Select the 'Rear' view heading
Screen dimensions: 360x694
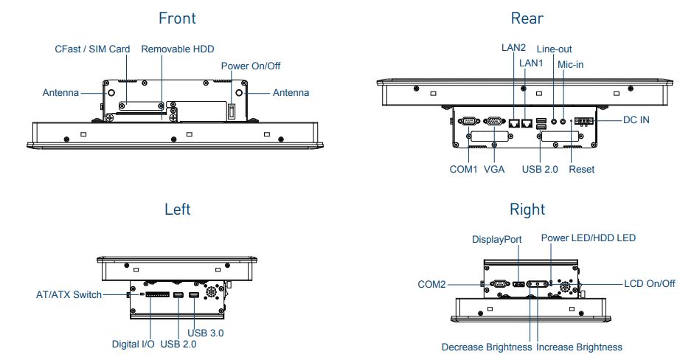pyautogui.click(x=527, y=17)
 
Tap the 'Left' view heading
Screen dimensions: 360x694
pyautogui.click(x=177, y=210)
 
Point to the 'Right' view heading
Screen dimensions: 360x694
pyautogui.click(x=527, y=210)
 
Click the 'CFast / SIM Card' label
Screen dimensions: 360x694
pyautogui.click(x=93, y=49)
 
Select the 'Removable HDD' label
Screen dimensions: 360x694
pyautogui.click(x=178, y=49)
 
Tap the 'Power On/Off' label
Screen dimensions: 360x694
pyautogui.click(x=251, y=66)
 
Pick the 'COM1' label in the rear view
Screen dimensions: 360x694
pyautogui.click(x=464, y=169)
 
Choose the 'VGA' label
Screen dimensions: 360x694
pyautogui.click(x=494, y=169)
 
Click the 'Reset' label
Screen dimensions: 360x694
pyautogui.click(x=582, y=169)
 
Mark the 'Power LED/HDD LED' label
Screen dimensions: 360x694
pyautogui.click(x=588, y=238)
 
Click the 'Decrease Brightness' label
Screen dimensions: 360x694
pyautogui.click(x=487, y=347)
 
